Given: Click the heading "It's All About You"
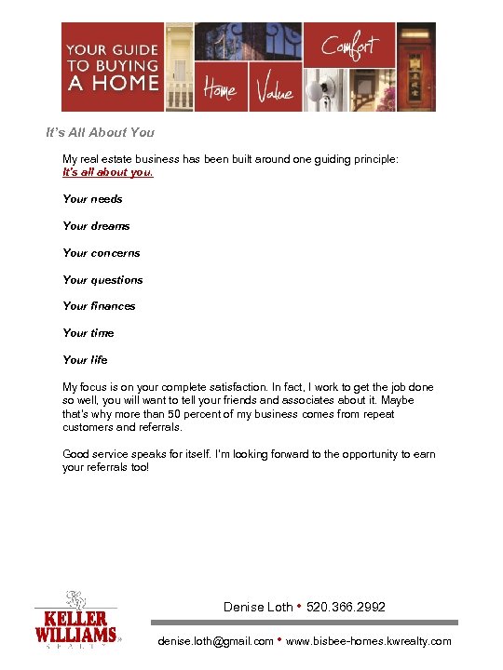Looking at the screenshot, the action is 101,132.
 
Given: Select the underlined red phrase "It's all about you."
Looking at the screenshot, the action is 108,172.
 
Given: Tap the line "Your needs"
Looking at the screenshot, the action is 92,199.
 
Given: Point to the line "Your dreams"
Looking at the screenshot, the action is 96,226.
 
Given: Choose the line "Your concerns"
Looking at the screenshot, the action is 101,253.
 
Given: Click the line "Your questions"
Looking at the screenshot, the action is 102,280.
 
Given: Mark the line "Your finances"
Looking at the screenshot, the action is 99,306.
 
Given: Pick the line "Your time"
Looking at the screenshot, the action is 88,333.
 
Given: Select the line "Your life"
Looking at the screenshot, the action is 85,360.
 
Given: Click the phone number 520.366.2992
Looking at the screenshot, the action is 346,608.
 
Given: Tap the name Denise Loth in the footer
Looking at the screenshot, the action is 258,608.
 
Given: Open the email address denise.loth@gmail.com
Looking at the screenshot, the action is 216,641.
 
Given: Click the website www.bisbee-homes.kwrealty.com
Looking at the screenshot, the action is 369,641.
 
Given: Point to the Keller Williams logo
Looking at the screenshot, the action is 77,621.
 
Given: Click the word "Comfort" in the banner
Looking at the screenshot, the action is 349,44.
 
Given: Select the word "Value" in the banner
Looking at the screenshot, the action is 274,91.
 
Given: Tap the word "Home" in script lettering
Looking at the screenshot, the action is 220,90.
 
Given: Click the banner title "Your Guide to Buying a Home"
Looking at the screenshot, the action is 104,66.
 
